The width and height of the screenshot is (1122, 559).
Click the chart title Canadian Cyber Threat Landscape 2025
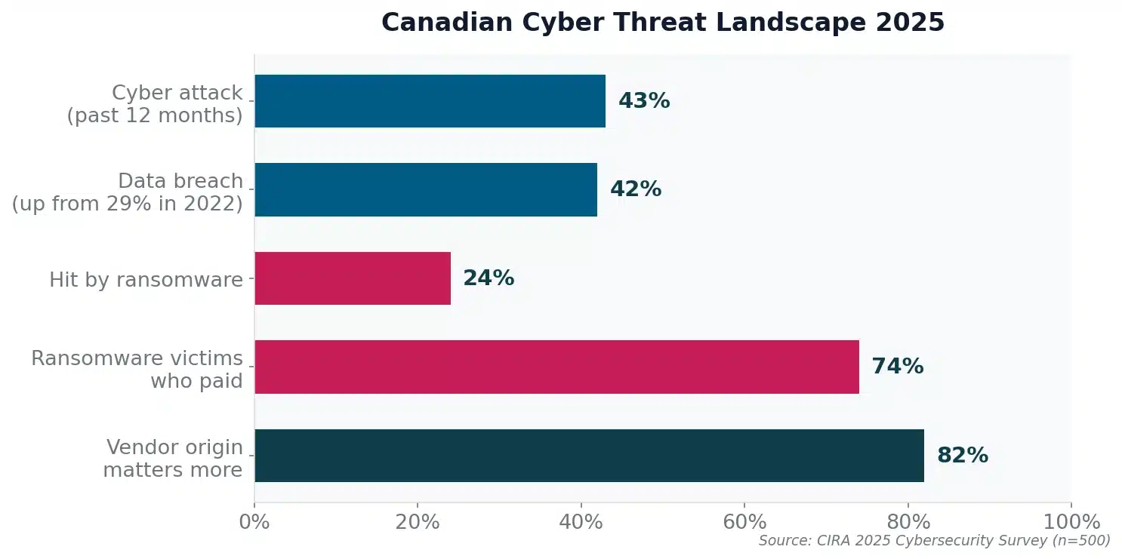(x=662, y=23)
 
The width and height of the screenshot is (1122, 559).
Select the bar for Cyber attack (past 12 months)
(x=430, y=101)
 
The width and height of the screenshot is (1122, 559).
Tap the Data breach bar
(x=425, y=189)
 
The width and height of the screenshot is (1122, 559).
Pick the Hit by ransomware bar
(x=353, y=278)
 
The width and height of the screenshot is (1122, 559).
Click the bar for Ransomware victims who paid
(x=556, y=367)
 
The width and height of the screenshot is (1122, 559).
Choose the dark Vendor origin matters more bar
(x=589, y=456)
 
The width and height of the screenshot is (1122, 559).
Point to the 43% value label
(x=644, y=101)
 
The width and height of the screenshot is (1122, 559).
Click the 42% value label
(x=636, y=189)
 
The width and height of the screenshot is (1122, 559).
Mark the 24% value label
(x=489, y=278)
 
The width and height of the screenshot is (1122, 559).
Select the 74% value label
(x=897, y=367)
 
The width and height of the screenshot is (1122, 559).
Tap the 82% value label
(x=962, y=456)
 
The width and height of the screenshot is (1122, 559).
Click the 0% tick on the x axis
(x=254, y=522)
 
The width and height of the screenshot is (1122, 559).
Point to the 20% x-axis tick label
(x=418, y=522)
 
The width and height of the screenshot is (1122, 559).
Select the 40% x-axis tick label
(x=581, y=522)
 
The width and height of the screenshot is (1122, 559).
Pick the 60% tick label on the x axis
(x=744, y=522)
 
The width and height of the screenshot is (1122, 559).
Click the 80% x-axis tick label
(x=908, y=522)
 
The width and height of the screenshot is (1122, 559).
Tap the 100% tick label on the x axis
(x=1071, y=522)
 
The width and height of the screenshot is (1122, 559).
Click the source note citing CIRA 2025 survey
(x=934, y=541)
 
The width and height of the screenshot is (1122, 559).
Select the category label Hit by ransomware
(x=146, y=280)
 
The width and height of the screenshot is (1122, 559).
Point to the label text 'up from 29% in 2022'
(x=127, y=203)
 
